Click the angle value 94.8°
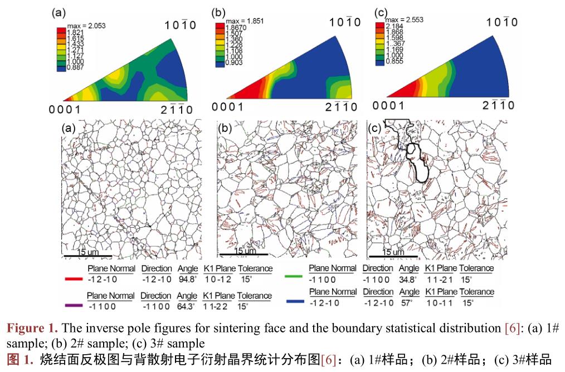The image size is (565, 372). [x=188, y=280]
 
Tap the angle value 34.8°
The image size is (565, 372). [x=409, y=279]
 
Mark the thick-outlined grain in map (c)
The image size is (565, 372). [x=418, y=163]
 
